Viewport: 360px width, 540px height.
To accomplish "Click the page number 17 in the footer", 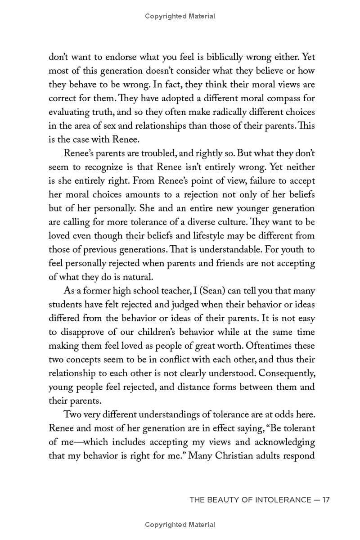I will click(326, 499).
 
